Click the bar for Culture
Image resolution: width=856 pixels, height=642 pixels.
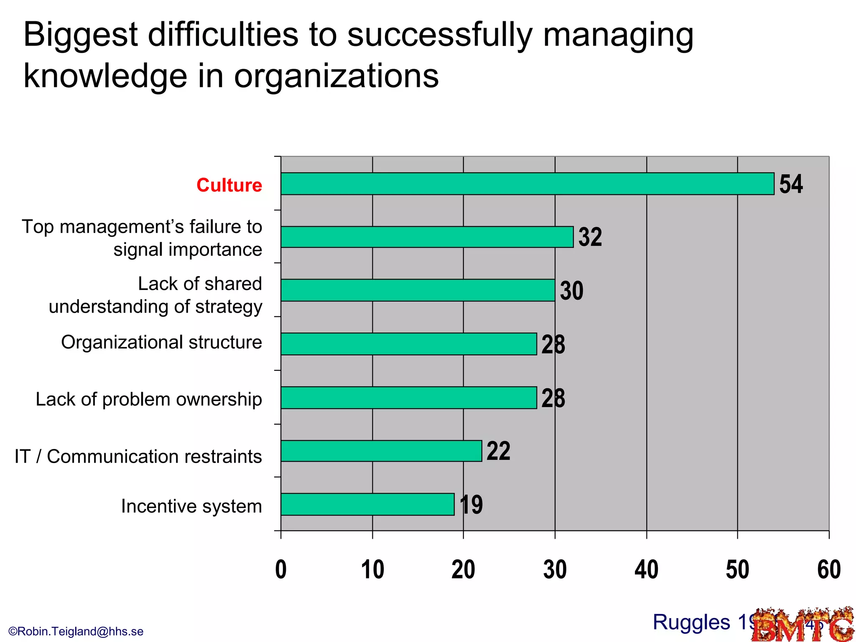pos(527,183)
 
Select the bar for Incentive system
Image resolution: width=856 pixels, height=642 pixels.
pos(367,504)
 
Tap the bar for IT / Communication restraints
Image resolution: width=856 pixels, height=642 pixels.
pos(381,451)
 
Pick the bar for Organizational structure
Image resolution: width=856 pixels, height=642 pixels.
pos(409,344)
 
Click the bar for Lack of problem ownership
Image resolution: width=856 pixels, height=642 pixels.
pos(409,397)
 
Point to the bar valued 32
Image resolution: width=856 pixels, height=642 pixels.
pos(427,237)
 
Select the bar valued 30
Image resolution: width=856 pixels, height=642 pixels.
pos(418,290)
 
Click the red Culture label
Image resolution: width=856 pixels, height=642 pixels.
pos(229,185)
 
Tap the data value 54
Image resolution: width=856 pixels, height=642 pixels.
pos(790,184)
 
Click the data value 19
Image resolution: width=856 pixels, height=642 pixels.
pos(471,504)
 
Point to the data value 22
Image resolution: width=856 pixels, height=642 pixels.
pos(498,451)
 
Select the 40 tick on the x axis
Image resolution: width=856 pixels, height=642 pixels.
pos(646,570)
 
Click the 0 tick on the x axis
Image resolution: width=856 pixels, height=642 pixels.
pos(281,570)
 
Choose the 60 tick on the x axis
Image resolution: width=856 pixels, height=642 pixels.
pos(829,570)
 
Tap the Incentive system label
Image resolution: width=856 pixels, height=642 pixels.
pos(191,506)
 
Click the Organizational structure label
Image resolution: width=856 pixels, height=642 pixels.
pos(161,342)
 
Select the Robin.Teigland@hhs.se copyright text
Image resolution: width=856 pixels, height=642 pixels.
pos(76,631)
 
